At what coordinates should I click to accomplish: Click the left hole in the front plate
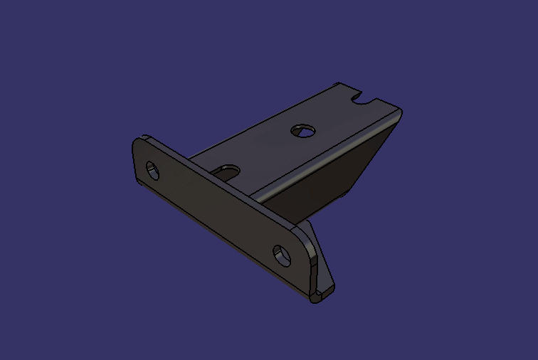[x=153, y=171]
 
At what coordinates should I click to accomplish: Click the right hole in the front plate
[x=283, y=255]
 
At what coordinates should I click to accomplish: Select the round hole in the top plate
[x=302, y=130]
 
